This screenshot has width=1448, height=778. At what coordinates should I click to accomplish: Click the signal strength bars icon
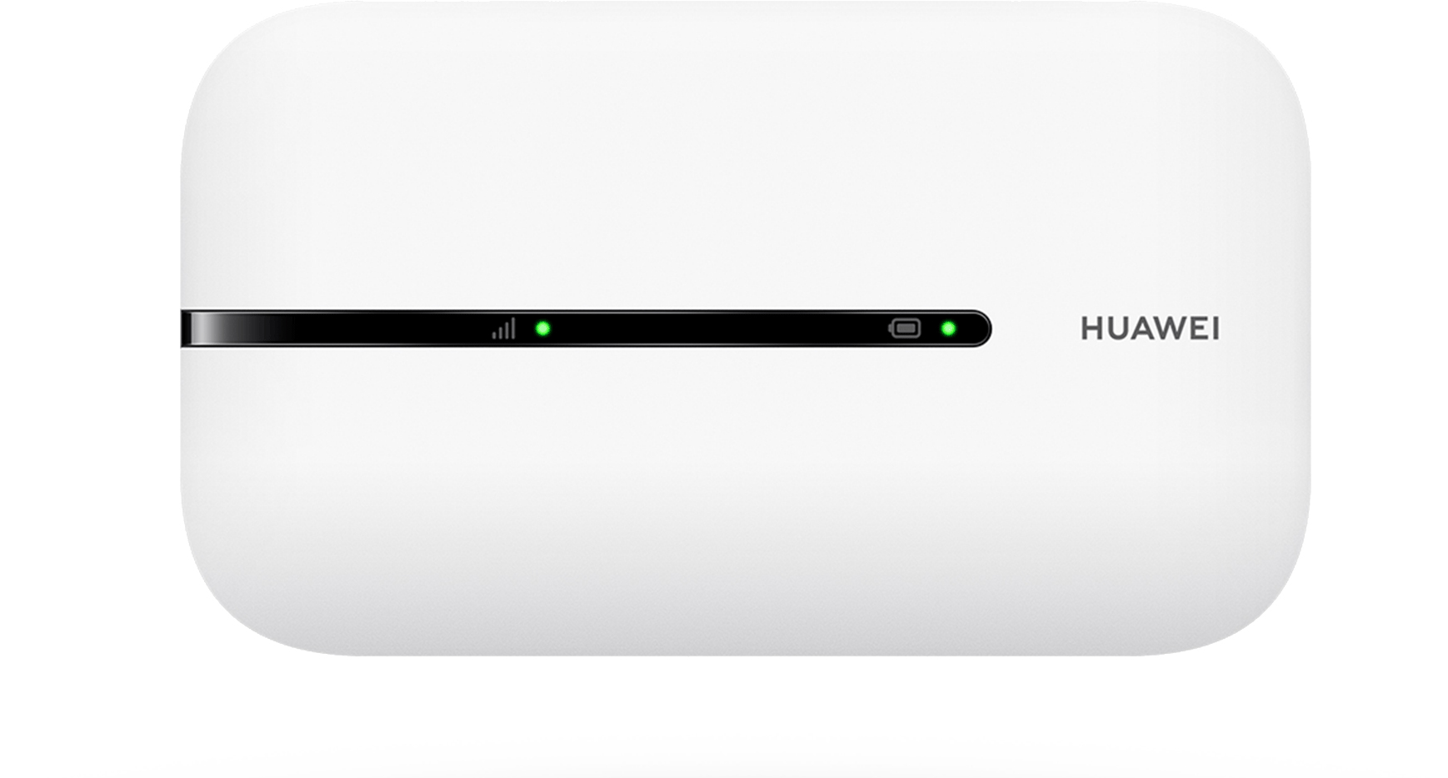[503, 329]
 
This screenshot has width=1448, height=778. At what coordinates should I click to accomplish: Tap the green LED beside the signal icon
[542, 328]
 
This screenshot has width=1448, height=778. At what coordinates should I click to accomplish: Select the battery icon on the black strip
[905, 328]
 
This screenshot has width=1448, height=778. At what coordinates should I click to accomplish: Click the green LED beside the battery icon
[948, 328]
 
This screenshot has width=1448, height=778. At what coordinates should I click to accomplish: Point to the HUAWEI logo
[1150, 329]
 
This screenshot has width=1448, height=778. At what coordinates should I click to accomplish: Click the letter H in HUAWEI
[1091, 329]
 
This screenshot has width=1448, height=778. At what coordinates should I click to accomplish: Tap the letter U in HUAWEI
[1117, 329]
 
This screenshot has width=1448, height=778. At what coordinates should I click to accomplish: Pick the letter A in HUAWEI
[1143, 329]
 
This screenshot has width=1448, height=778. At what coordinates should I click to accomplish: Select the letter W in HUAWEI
[1174, 329]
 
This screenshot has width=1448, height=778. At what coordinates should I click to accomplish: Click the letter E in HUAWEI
[1201, 329]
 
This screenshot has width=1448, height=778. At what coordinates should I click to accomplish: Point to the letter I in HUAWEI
[1216, 329]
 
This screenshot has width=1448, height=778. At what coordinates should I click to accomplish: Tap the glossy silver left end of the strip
[200, 328]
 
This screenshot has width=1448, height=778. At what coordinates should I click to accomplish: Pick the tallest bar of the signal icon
[512, 328]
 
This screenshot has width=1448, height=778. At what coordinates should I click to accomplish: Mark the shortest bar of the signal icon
[494, 335]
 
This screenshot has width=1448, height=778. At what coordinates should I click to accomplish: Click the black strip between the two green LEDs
[725, 328]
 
